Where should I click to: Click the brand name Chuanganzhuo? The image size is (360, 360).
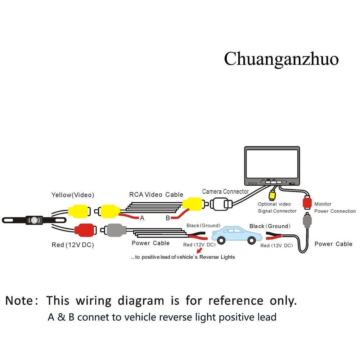coord(281,59)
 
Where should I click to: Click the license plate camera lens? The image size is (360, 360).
coord(35,219)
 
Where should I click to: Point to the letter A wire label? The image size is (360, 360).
coord(142,218)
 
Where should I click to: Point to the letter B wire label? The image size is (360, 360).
coord(168,218)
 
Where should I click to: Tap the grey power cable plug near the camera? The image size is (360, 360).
coord(115,230)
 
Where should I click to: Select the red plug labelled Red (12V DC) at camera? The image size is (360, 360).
coord(84,230)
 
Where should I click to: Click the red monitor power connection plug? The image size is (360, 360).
coord(307,203)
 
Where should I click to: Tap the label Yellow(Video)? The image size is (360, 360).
coord(73,195)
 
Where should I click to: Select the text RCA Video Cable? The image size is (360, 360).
coord(156,195)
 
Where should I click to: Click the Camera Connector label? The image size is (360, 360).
coord(225,192)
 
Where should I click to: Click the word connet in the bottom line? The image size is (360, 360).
coord(95,317)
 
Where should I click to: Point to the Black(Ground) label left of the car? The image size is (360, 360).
coord(203,226)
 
